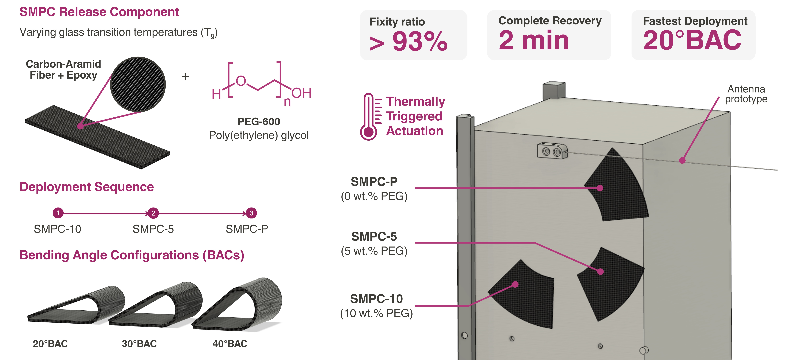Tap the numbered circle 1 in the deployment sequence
(x=58, y=213)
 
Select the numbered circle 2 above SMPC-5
(x=153, y=213)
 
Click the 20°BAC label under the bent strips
(x=50, y=344)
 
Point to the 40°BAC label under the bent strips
(x=230, y=344)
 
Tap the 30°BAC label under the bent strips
(x=139, y=344)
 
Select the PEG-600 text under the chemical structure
(x=259, y=121)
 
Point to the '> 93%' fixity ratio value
(x=408, y=42)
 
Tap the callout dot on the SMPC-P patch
(x=600, y=188)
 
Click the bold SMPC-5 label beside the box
(x=374, y=236)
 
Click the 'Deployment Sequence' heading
(x=86, y=187)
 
